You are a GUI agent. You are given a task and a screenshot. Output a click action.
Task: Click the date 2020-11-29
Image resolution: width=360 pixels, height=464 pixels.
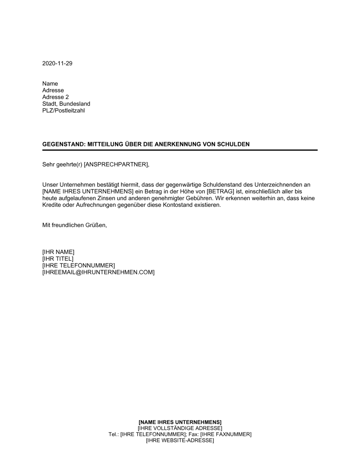pos(57,63)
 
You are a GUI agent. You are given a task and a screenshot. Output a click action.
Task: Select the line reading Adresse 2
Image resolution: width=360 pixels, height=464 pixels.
pos(55,97)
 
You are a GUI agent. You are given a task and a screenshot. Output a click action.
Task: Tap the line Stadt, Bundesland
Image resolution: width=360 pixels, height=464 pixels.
pos(66,104)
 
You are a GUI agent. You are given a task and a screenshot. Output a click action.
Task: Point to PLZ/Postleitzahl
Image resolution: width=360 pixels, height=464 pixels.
pos(63,110)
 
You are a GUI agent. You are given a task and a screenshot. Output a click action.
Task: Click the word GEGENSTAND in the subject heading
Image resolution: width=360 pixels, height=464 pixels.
pos(63,144)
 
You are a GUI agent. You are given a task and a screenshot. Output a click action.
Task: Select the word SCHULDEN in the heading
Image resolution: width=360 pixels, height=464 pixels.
pos(234,144)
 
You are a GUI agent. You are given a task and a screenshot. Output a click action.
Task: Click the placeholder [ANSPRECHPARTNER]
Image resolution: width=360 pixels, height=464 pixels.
pos(116,165)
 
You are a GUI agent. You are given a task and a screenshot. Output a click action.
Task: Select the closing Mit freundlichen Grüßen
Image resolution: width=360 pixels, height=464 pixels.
pos(75,225)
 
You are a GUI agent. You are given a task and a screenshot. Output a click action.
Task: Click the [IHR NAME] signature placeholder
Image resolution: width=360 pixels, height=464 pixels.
pos(58,252)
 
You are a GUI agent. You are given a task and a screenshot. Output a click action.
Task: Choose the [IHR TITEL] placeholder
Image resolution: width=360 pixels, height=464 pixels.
pos(58,259)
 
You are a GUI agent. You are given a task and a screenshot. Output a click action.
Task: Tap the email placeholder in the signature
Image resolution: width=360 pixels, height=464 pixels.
pos(98,272)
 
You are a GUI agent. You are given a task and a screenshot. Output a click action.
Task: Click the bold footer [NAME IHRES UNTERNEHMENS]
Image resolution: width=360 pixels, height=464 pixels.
pos(180,422)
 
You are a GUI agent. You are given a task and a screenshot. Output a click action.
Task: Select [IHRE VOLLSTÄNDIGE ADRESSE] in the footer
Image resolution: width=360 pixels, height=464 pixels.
pos(180,428)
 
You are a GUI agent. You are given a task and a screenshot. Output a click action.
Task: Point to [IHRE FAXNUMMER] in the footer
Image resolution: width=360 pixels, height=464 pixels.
pos(226,434)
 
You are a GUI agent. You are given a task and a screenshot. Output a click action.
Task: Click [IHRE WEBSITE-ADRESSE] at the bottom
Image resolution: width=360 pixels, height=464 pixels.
pos(180,440)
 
